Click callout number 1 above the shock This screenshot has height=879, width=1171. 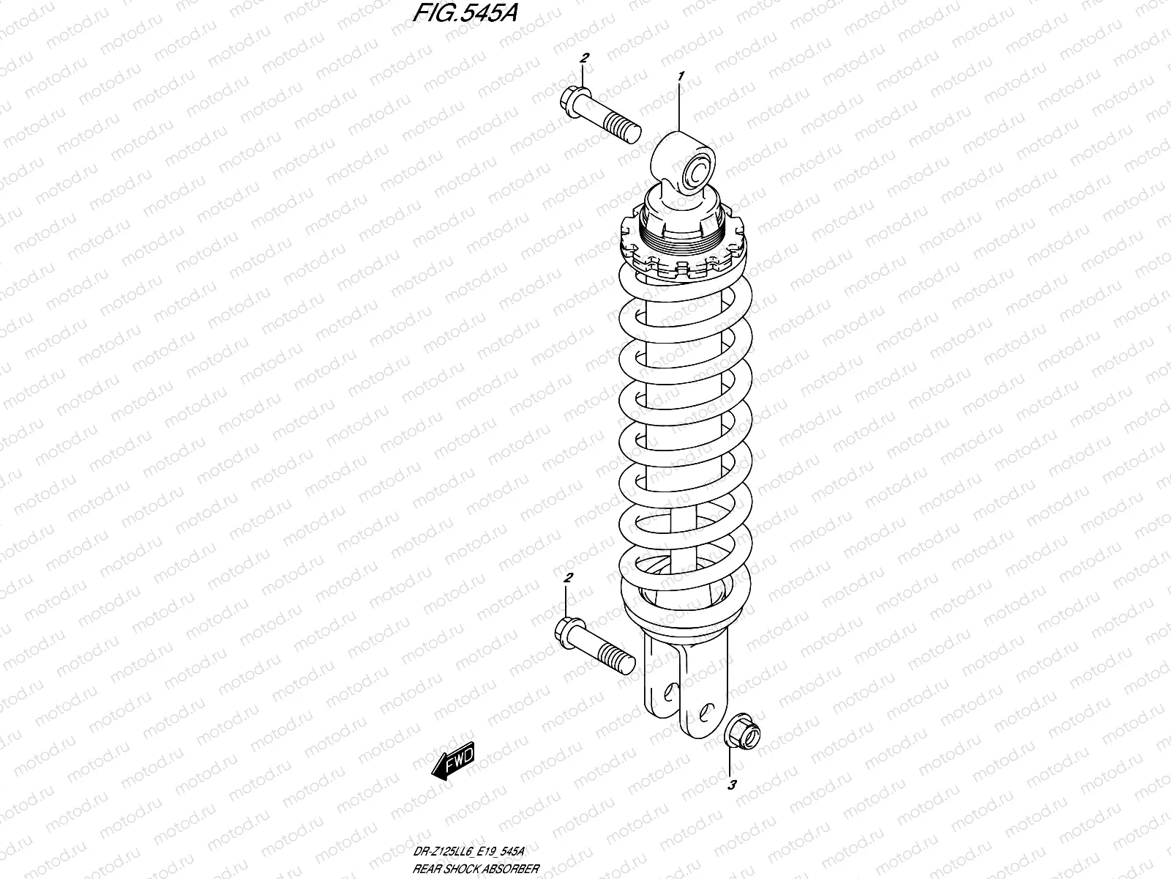click(x=681, y=75)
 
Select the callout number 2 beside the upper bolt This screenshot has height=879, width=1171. click(x=584, y=59)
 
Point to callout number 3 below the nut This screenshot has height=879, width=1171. click(x=731, y=786)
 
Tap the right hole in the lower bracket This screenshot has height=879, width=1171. click(x=705, y=709)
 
